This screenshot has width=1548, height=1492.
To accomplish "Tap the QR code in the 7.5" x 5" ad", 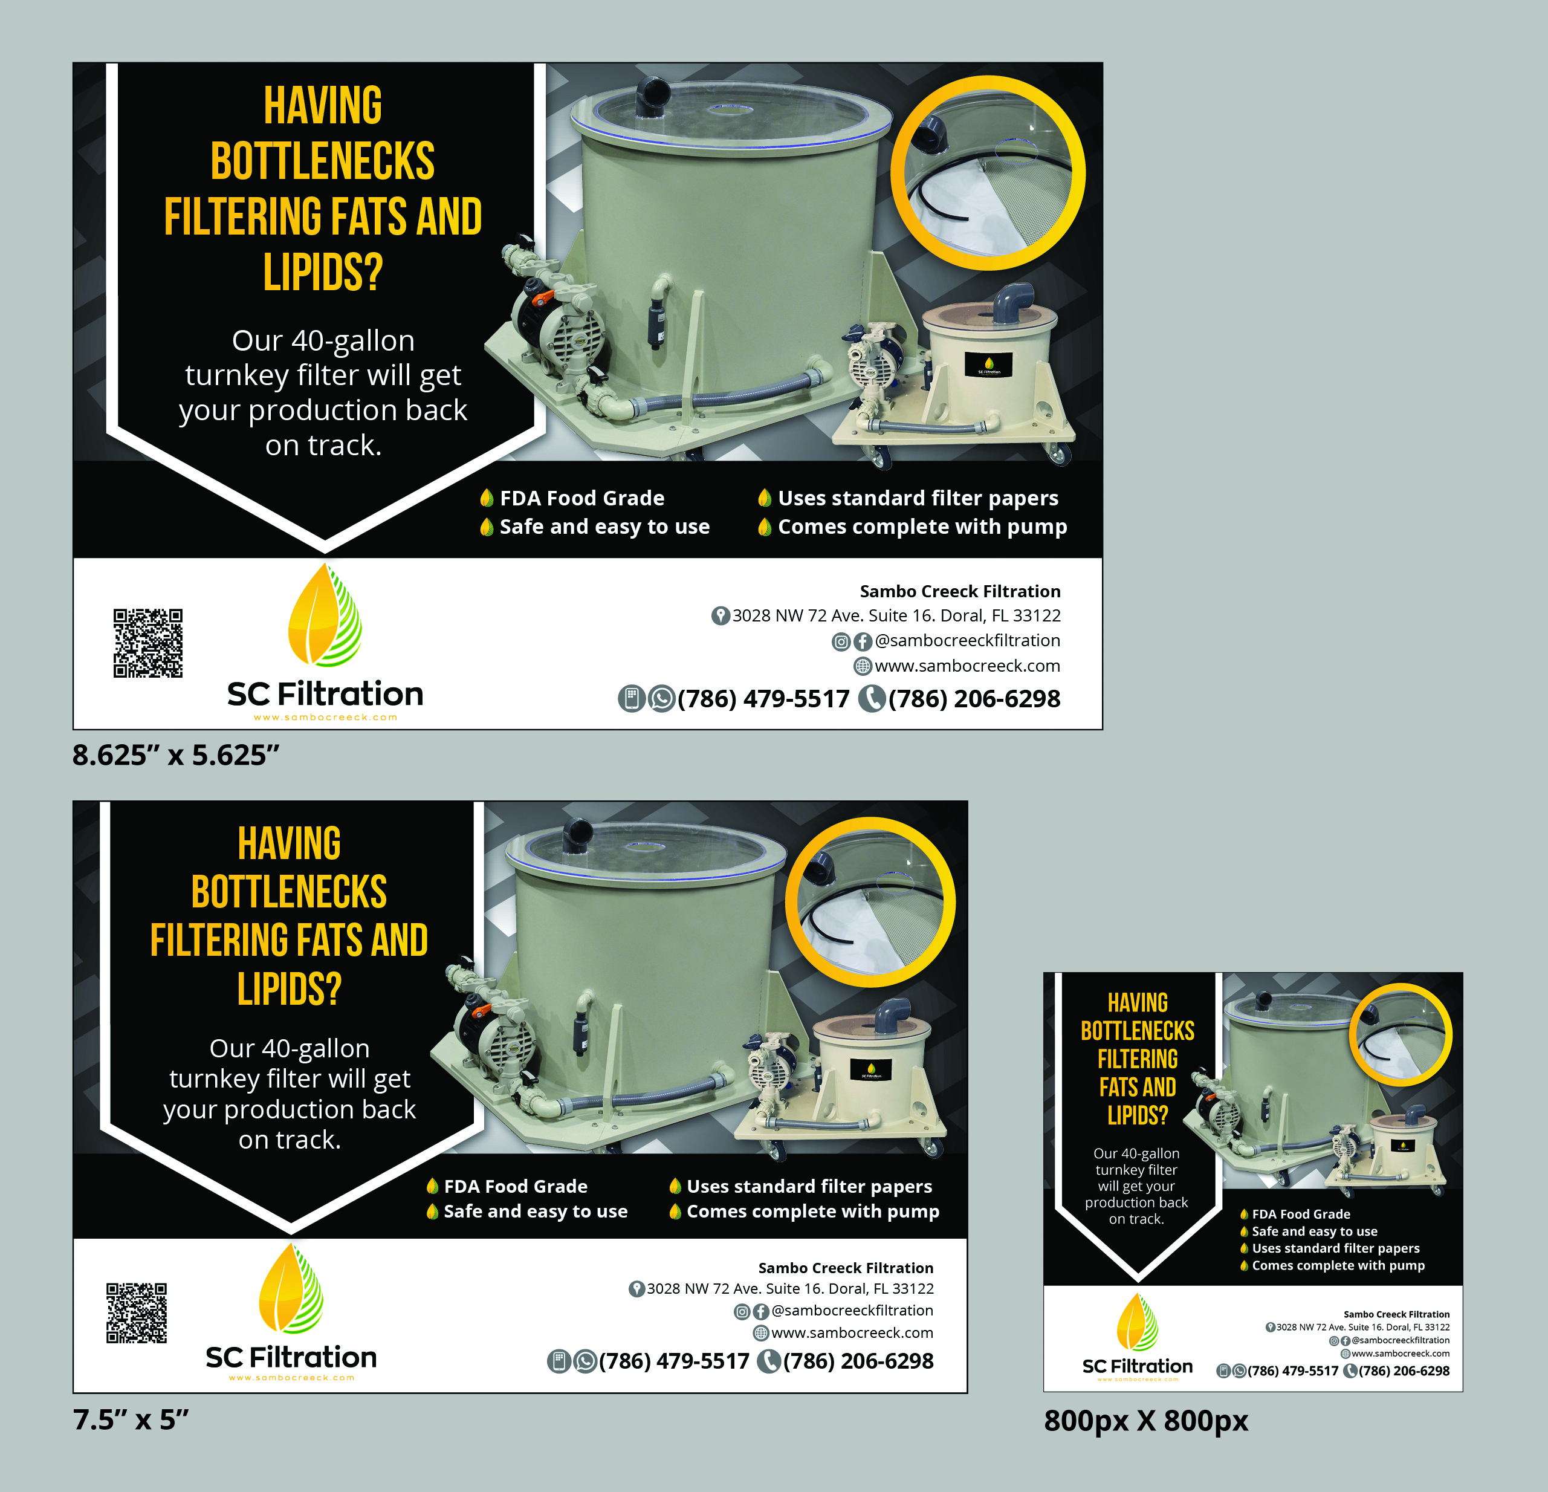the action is click(x=137, y=1312).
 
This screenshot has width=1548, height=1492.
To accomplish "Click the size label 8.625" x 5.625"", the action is click(x=176, y=755).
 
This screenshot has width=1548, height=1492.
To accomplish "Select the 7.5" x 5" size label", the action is click(x=131, y=1419).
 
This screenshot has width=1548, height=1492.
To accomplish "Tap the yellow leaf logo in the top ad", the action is click(x=325, y=615).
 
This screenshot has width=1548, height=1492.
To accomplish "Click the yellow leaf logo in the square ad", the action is click(x=1138, y=1322).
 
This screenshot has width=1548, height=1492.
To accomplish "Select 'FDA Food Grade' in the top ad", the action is click(x=582, y=498).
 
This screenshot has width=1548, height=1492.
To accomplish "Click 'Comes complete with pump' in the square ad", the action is click(x=1338, y=1265).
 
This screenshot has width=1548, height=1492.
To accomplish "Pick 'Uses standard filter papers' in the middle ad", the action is click(x=809, y=1186).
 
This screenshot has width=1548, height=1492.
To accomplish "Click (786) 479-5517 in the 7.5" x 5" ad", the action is click(x=674, y=1361).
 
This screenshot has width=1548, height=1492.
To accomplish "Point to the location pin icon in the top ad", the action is click(x=721, y=615).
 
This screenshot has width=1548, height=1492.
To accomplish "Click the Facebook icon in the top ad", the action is click(x=863, y=641).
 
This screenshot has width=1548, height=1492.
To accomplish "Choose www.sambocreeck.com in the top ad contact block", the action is click(x=968, y=666).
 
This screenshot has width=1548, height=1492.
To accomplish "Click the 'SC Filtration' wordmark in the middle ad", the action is click(x=291, y=1358).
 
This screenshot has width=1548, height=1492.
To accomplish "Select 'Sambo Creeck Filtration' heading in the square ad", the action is click(x=1396, y=1314).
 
